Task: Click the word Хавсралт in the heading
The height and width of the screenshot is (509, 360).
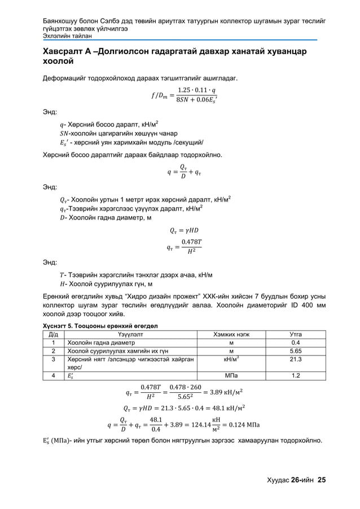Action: point(65,52)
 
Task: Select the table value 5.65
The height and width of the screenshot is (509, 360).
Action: point(295,350)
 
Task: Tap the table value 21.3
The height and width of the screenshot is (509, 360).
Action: point(295,359)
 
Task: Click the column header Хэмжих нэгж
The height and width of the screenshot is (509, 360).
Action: point(230,334)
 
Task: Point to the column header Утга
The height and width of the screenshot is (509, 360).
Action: point(295,334)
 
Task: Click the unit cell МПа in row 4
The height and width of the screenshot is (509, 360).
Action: point(230,375)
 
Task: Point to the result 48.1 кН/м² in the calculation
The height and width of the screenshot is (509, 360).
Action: point(230,407)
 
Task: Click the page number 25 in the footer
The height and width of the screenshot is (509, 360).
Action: point(322,480)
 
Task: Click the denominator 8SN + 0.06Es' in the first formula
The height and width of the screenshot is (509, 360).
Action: point(195,100)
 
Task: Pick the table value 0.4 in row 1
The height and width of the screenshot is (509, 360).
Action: point(295,342)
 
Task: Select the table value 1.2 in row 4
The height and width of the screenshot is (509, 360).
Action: point(295,375)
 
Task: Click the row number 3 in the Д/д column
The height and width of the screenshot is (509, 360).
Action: point(53,359)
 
